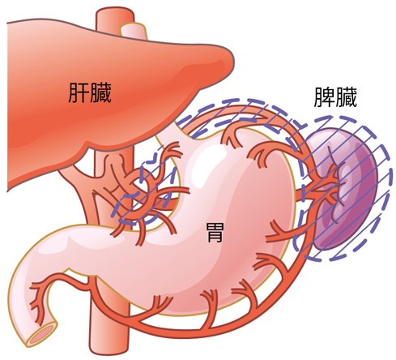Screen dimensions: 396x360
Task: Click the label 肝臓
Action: (x=90, y=92)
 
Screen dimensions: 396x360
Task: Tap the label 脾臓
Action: (x=335, y=97)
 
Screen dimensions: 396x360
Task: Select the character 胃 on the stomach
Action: (x=215, y=233)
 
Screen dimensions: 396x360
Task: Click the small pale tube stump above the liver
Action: (x=134, y=31)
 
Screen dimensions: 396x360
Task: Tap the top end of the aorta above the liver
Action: (x=115, y=12)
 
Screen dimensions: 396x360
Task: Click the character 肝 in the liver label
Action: (x=79, y=92)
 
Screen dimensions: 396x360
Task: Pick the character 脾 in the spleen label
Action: (x=324, y=97)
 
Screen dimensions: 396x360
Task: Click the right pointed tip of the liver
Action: (x=232, y=62)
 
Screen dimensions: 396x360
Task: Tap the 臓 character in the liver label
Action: (x=100, y=92)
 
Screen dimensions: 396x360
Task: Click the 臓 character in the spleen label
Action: (x=347, y=97)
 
